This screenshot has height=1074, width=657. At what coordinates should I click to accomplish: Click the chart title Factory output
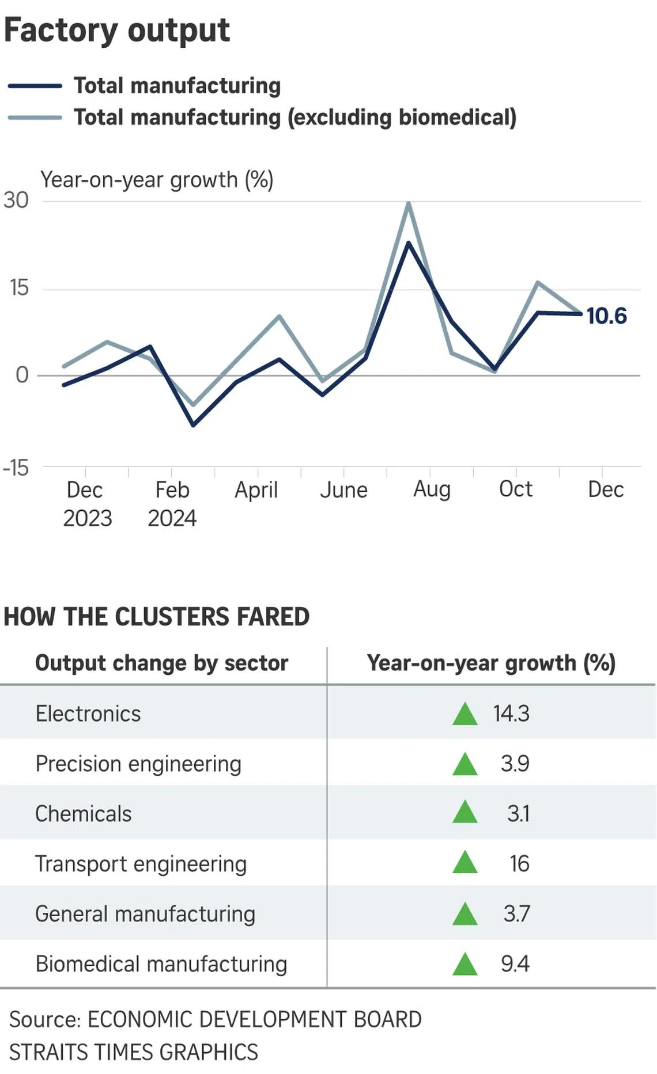[117, 30]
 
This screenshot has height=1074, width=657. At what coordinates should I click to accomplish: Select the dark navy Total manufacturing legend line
[35, 86]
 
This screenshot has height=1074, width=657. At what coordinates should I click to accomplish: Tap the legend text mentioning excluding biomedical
[294, 117]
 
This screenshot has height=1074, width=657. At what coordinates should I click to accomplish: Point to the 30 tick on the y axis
[16, 200]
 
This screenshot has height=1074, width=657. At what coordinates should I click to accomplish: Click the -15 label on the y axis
[16, 468]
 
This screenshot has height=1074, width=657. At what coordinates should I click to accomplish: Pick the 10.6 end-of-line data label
[606, 316]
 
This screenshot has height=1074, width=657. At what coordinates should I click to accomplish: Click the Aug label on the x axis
[432, 489]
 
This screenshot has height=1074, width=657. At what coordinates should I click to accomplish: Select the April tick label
[256, 490]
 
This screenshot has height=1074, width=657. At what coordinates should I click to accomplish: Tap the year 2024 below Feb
[172, 518]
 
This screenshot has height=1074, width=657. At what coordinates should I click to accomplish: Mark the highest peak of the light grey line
[409, 203]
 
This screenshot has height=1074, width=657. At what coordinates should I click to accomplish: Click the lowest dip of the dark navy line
[193, 425]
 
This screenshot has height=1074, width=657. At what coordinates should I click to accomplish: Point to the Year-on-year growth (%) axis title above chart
[157, 180]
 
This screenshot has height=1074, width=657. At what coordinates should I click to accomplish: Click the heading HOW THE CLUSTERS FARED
[157, 617]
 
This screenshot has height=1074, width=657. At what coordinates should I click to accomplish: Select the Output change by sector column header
[161, 663]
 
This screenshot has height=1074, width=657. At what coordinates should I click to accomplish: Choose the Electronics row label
[88, 714]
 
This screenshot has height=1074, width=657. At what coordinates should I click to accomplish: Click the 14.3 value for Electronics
[511, 714]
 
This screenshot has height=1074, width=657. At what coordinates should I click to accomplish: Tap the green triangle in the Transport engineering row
[465, 863]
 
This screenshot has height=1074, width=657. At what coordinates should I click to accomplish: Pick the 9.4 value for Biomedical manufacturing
[515, 963]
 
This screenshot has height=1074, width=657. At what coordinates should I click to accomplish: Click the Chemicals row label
[84, 814]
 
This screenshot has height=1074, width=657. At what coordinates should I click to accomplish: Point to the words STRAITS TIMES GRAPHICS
[134, 1052]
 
